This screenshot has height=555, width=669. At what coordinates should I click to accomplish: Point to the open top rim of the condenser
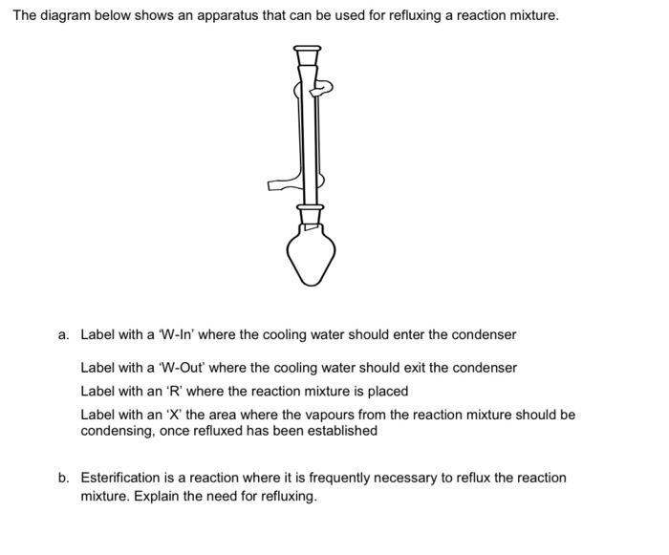[x=307, y=48]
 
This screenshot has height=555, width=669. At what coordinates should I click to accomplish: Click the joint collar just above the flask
[x=310, y=206]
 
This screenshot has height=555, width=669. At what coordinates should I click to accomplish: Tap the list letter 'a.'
[x=63, y=335]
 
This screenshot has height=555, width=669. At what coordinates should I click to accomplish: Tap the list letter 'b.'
[x=63, y=478]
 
